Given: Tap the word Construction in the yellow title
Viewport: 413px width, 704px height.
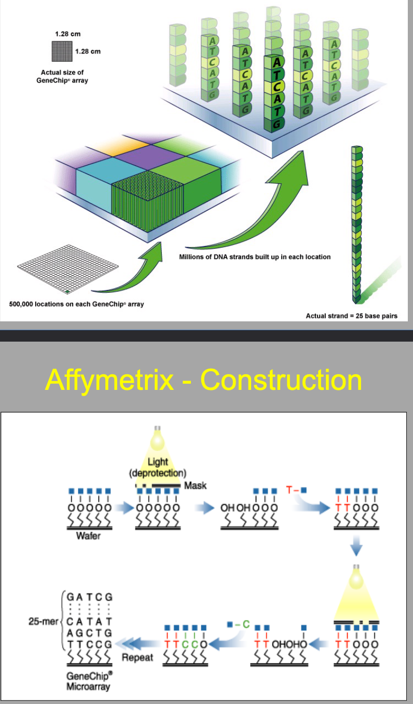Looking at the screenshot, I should point(281,380).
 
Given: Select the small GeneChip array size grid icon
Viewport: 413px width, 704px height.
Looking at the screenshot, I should point(62,51).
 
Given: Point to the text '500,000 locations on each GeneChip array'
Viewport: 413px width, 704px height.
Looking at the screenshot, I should point(77,304).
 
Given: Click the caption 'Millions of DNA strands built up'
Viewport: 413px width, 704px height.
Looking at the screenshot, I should point(255,257).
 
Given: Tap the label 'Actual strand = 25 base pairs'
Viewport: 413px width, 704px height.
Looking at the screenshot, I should point(351,316).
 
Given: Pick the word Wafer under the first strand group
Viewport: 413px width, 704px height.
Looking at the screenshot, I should point(88,536).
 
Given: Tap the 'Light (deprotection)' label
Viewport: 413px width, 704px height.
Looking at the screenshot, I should point(158,467).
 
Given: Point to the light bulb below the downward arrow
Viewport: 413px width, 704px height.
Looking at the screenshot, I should point(356,577).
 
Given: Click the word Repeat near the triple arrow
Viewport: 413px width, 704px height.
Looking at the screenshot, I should point(137,657).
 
